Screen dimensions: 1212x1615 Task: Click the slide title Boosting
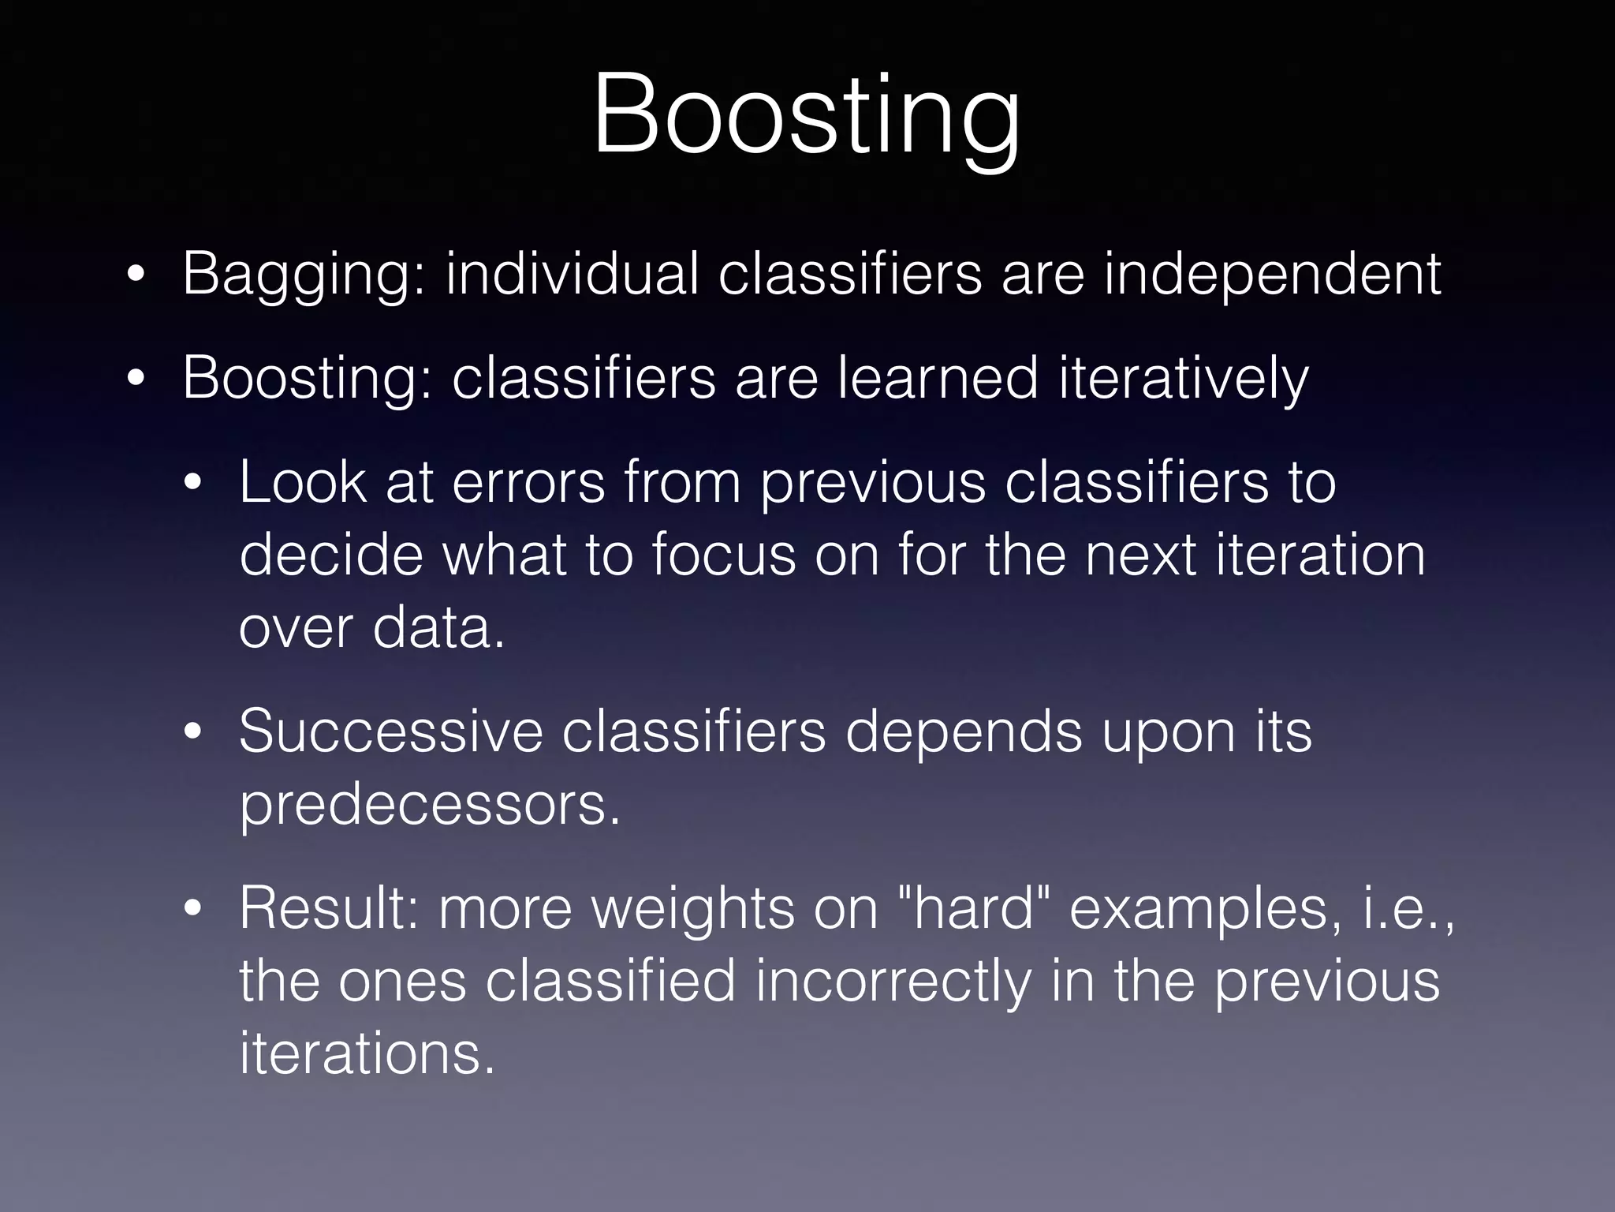click(806, 116)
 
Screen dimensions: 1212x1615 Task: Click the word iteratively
click(1183, 380)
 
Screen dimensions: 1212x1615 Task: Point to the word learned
click(937, 378)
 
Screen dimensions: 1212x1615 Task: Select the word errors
click(528, 483)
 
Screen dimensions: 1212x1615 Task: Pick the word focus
click(724, 555)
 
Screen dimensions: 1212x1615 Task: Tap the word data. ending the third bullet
click(438, 628)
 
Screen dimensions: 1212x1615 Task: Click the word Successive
click(390, 731)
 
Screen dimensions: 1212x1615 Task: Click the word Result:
click(329, 908)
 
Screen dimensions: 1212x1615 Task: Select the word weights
click(694, 910)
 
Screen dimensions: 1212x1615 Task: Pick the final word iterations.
click(367, 1054)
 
